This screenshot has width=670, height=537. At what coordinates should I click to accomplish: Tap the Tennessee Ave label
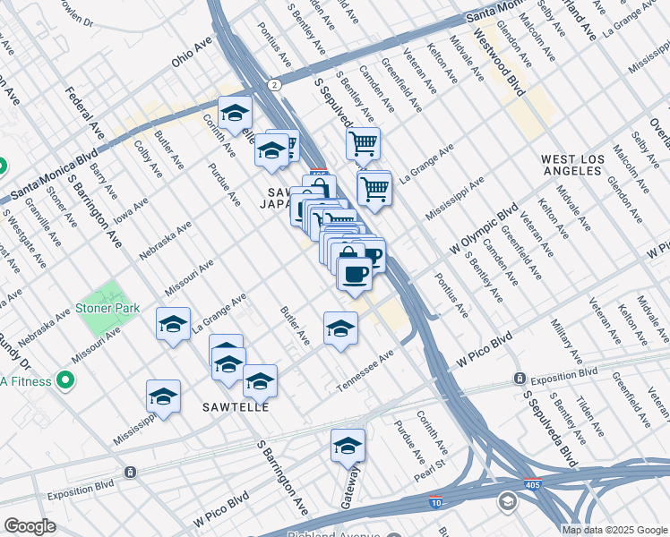[365, 371]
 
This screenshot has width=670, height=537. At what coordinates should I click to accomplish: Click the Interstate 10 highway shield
[436, 503]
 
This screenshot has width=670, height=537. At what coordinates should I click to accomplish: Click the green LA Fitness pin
[64, 380]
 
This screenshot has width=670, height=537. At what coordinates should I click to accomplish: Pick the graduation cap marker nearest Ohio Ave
[235, 113]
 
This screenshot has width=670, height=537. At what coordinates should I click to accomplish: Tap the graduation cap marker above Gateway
[348, 445]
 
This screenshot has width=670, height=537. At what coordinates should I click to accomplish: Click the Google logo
[30, 527]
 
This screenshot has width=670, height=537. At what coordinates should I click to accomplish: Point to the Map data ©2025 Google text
[614, 530]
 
